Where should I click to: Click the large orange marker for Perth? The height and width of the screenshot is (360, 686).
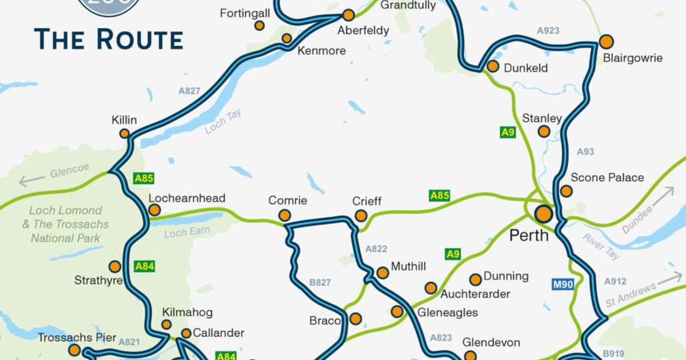[x=543, y=214]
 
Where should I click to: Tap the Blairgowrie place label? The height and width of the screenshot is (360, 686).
[x=633, y=58]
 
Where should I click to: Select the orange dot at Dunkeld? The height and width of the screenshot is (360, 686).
[x=493, y=66]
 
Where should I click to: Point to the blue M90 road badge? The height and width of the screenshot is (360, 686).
[x=563, y=284]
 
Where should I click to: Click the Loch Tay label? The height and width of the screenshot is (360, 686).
[x=224, y=122]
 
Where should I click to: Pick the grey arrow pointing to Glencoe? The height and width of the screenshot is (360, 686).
[x=31, y=181]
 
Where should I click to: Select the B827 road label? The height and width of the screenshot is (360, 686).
[x=320, y=282]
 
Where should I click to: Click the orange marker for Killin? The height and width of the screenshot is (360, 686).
[x=124, y=134]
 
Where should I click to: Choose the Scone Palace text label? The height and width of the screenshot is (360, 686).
[x=607, y=178]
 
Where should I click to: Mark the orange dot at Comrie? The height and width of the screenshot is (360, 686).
[x=284, y=215]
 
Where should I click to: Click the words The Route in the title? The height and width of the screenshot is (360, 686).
[x=109, y=39]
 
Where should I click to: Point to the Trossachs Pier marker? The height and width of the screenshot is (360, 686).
[x=74, y=350]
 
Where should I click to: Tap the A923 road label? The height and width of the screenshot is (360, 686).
[x=548, y=30]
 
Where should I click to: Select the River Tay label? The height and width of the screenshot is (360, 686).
[x=601, y=246]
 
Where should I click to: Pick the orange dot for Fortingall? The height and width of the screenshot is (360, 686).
[x=260, y=26]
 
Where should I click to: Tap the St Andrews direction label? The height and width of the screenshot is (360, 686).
[x=628, y=295]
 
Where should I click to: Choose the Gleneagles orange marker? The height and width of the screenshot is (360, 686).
[x=397, y=311]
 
